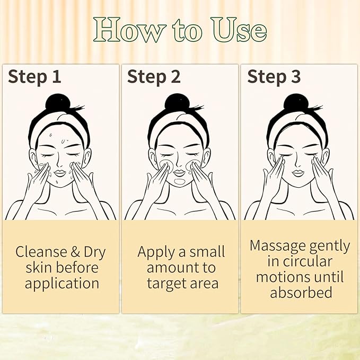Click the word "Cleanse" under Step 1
(40, 251)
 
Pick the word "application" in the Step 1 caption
(62, 284)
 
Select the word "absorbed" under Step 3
(301, 293)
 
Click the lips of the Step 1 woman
(59, 172)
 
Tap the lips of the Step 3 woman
(298, 172)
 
